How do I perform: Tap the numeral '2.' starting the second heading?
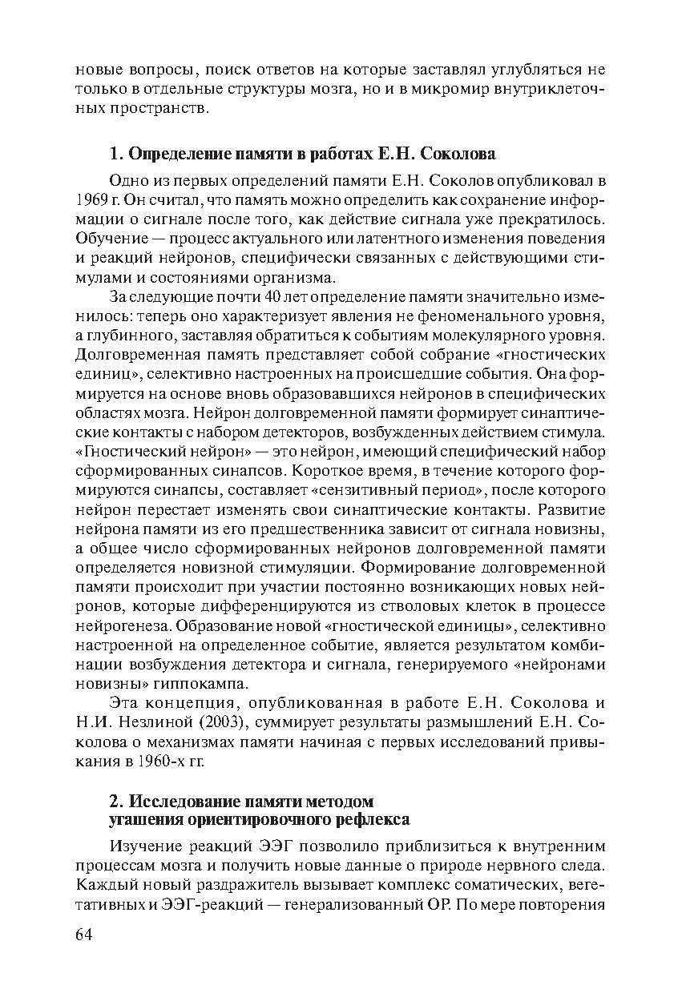(115, 802)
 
